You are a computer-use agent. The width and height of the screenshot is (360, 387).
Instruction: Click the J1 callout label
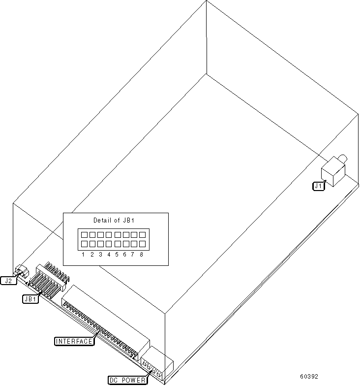319,186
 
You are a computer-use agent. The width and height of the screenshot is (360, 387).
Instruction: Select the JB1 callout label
30,299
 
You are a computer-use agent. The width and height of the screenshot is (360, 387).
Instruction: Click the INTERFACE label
74,341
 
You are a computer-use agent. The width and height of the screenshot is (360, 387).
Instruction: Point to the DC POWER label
127,380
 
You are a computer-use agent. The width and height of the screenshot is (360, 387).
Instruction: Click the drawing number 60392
309,377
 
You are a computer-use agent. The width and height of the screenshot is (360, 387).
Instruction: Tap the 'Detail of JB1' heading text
114,220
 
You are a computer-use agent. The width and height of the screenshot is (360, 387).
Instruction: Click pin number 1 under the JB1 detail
84,255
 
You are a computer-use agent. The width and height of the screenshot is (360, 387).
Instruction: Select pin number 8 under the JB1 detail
142,255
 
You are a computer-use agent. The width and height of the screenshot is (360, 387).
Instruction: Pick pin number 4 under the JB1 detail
109,255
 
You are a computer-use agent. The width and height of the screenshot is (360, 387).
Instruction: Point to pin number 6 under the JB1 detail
125,255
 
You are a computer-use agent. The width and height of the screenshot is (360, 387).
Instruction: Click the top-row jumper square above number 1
84,235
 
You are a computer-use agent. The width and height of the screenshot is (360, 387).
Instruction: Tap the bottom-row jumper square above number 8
142,244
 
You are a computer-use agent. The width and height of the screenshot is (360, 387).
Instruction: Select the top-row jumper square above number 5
117,235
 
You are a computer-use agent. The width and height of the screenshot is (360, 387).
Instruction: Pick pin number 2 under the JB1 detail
92,255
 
